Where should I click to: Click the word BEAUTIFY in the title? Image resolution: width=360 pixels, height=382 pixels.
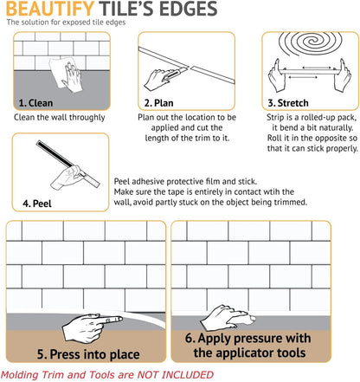point(50,9)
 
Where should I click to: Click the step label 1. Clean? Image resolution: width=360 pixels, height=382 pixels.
point(35,103)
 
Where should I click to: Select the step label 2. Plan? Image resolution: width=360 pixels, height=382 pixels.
point(158,103)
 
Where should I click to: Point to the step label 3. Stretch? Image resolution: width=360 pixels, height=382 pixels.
point(288,103)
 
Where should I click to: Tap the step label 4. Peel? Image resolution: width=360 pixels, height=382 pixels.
point(37,204)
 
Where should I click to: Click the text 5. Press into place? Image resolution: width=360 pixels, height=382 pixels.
point(88,354)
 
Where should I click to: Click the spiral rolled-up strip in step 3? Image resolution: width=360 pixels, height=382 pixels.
point(311,43)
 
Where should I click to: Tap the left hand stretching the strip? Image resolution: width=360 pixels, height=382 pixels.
point(277,75)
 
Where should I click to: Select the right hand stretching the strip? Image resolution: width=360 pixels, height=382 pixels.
point(342,75)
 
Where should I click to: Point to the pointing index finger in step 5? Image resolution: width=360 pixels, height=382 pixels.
point(110,320)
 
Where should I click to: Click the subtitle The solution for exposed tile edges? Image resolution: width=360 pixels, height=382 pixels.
point(66,23)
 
